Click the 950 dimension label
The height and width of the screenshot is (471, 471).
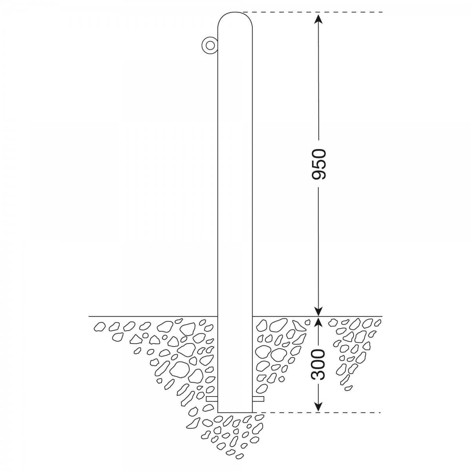[319, 164]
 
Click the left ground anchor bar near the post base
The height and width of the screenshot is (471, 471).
[212, 399]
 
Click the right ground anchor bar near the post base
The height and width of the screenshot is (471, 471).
[258, 399]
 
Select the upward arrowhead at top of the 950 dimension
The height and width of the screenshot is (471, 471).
[318, 18]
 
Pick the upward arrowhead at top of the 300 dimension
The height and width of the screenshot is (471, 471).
[318, 322]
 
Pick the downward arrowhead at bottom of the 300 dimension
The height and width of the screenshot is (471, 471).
[318, 407]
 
